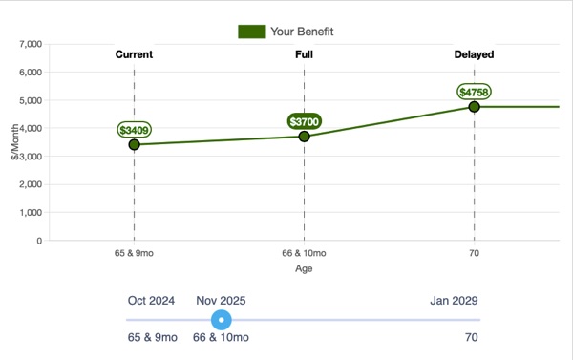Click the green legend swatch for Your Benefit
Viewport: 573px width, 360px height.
(x=251, y=32)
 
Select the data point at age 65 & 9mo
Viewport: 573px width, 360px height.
(x=134, y=144)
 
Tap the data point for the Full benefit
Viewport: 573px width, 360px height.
(x=304, y=136)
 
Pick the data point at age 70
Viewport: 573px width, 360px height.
(x=474, y=106)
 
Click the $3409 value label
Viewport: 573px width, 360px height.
(x=134, y=129)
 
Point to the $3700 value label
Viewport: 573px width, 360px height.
(x=305, y=121)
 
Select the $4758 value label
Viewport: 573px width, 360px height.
(x=474, y=92)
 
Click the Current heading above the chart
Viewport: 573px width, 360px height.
(x=134, y=54)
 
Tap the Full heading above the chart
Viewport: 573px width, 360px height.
(x=304, y=54)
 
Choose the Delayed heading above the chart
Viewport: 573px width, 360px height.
(x=474, y=54)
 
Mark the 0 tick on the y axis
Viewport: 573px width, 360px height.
(x=39, y=241)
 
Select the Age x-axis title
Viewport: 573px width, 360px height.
(x=304, y=269)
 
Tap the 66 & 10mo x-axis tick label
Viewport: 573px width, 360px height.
(x=304, y=254)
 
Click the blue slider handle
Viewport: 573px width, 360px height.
(x=222, y=320)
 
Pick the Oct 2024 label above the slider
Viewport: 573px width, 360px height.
(x=152, y=300)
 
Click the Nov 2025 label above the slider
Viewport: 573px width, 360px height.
(x=222, y=300)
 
